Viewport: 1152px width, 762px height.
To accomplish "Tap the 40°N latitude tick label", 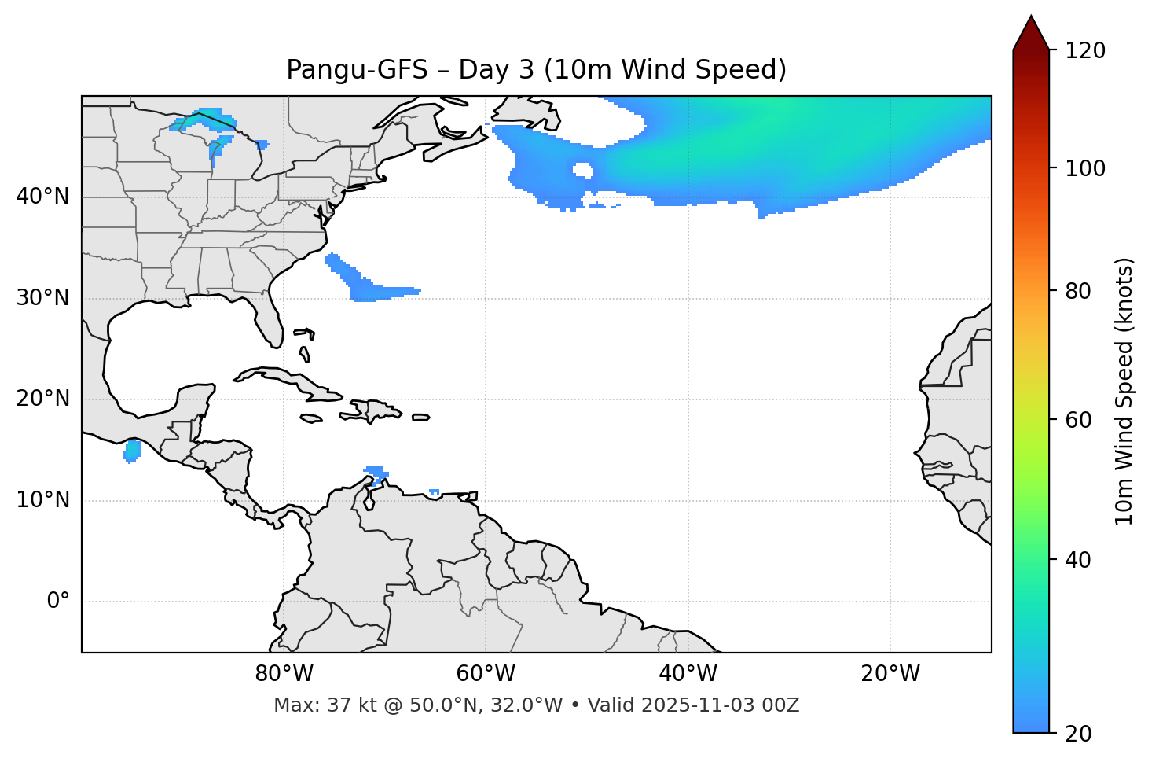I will tap(42, 197).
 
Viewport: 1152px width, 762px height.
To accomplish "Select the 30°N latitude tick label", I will tap(42, 298).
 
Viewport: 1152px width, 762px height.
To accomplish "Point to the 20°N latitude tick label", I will tap(42, 399).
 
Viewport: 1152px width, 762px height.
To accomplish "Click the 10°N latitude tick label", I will tap(42, 500).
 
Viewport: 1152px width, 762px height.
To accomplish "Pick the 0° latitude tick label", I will tap(58, 602).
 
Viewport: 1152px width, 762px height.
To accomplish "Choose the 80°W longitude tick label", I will tap(284, 674).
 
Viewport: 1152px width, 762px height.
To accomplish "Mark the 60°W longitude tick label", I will tap(486, 674).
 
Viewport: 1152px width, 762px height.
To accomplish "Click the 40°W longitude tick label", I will tap(688, 674).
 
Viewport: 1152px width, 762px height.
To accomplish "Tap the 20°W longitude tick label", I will tap(890, 674).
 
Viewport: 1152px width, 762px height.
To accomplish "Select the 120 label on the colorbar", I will tap(1085, 51).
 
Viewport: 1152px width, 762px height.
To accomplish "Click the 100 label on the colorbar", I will tap(1085, 168).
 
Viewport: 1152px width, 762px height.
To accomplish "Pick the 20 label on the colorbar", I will tap(1078, 734).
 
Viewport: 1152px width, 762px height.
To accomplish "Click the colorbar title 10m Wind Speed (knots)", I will tap(1125, 392).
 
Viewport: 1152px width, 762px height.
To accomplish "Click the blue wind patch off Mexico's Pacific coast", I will tap(132, 451).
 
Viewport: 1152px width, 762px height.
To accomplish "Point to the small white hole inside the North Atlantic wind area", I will tap(582, 170).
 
